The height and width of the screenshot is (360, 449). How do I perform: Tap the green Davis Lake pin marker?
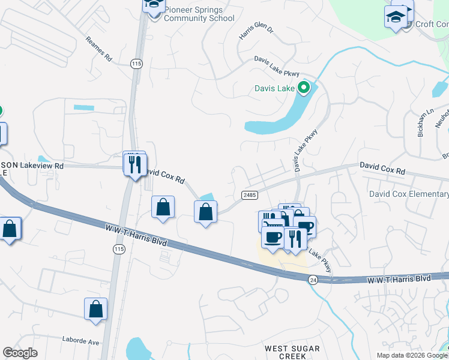pyautogui.click(x=304, y=88)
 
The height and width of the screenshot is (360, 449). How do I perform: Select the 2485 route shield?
pyautogui.click(x=250, y=196)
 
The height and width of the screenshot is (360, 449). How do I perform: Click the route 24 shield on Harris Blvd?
pyautogui.click(x=313, y=280)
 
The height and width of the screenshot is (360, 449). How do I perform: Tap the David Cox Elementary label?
pyautogui.click(x=408, y=194)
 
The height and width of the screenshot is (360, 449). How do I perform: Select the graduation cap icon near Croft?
pyautogui.click(x=396, y=17)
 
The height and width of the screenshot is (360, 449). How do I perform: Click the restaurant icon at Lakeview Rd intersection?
pyautogui.click(x=135, y=163)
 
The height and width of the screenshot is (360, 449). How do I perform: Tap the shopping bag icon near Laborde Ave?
pyautogui.click(x=95, y=310)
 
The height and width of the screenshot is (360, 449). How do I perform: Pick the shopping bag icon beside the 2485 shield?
pyautogui.click(x=205, y=212)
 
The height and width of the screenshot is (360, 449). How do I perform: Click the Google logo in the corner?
pyautogui.click(x=20, y=353)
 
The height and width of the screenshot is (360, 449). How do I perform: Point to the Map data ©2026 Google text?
pyautogui.click(x=411, y=355)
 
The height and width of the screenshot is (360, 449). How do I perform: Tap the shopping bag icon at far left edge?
pyautogui.click(x=10, y=229)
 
